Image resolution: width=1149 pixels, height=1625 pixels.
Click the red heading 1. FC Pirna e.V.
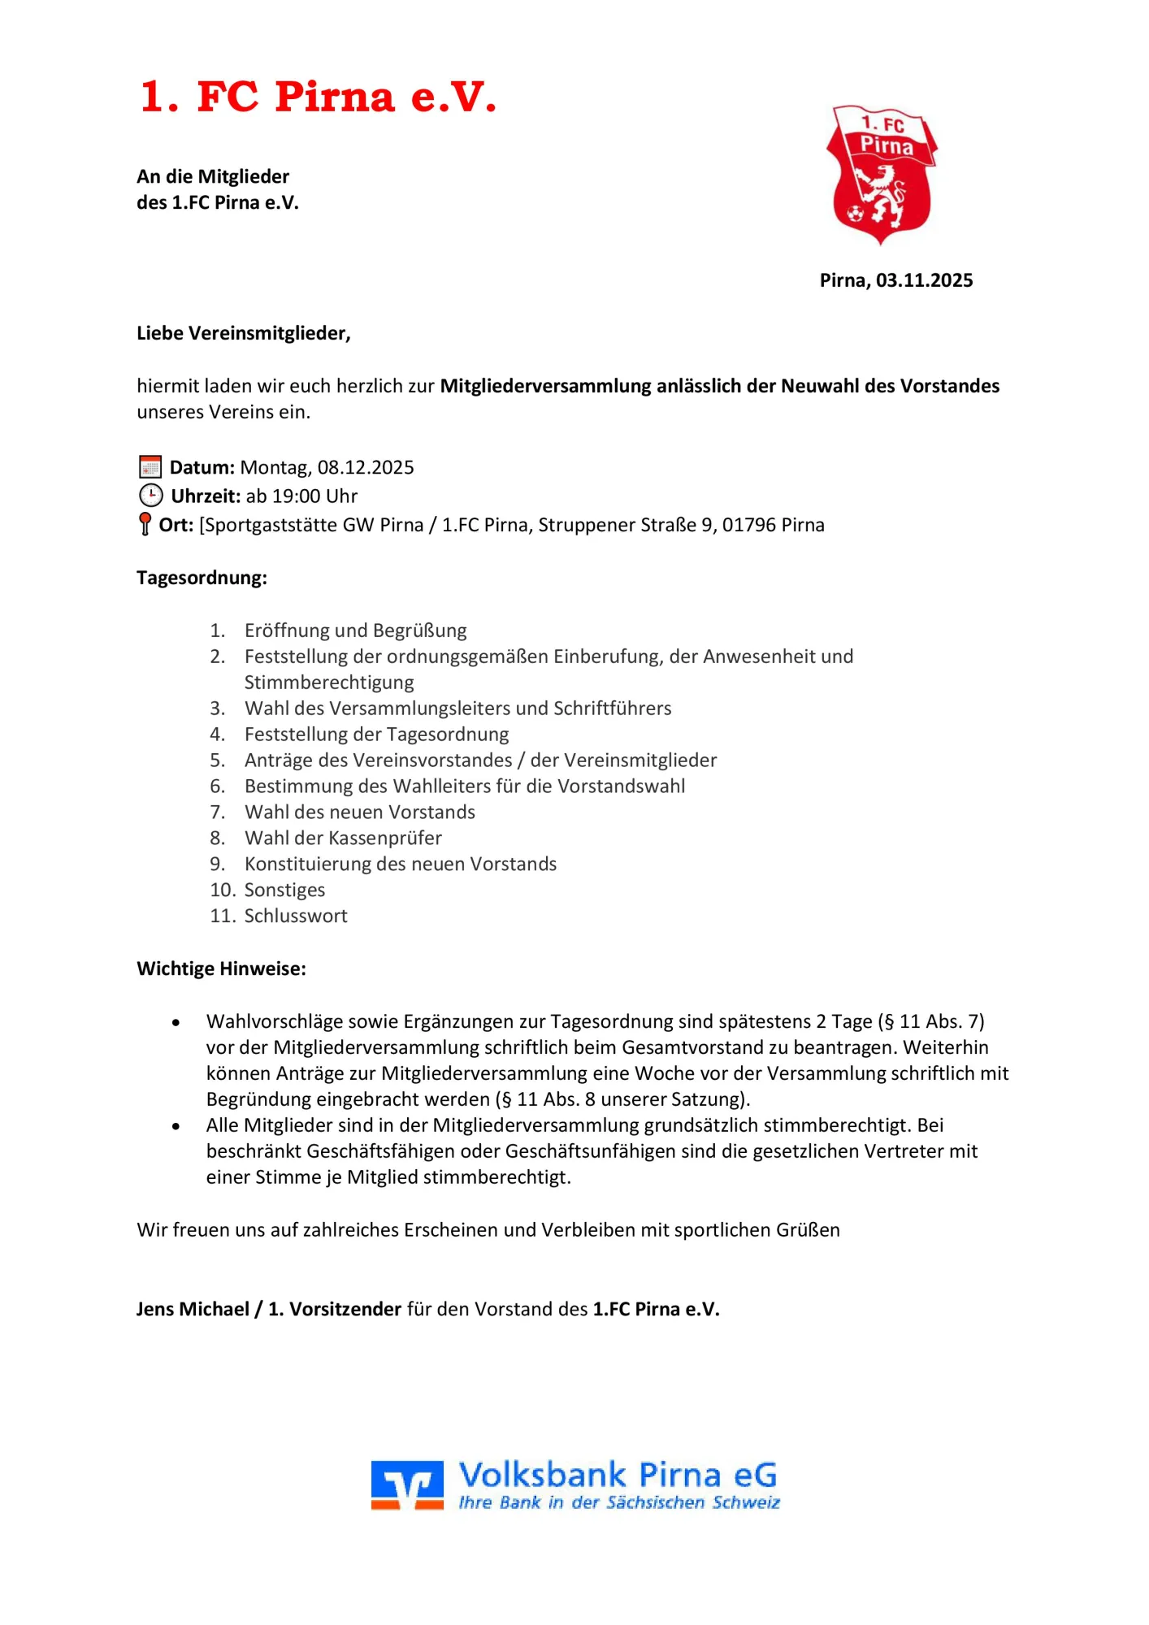click(317, 97)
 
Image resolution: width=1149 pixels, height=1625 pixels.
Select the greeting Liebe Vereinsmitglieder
click(243, 333)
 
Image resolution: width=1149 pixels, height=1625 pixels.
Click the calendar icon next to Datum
click(150, 467)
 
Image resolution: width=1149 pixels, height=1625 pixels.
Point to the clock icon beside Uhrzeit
click(151, 496)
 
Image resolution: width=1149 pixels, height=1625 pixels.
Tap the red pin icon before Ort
click(145, 524)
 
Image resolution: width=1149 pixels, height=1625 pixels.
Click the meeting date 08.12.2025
click(366, 467)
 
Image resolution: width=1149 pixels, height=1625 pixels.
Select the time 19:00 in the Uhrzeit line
click(296, 496)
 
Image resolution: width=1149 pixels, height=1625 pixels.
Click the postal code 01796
click(748, 525)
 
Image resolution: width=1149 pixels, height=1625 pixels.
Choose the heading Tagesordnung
click(202, 578)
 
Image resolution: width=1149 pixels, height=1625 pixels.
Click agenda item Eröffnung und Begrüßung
click(355, 630)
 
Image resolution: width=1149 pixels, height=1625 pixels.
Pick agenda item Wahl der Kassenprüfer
click(343, 838)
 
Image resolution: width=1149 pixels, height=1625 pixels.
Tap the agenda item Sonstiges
click(284, 890)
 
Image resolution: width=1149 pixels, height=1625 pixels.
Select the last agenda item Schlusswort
click(296, 916)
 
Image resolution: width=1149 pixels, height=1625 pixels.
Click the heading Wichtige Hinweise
click(221, 968)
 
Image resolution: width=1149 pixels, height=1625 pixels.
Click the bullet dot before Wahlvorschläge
click(176, 1023)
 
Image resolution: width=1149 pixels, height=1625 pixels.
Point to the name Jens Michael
click(193, 1309)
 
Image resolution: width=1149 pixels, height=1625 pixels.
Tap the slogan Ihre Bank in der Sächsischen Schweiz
click(618, 1503)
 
